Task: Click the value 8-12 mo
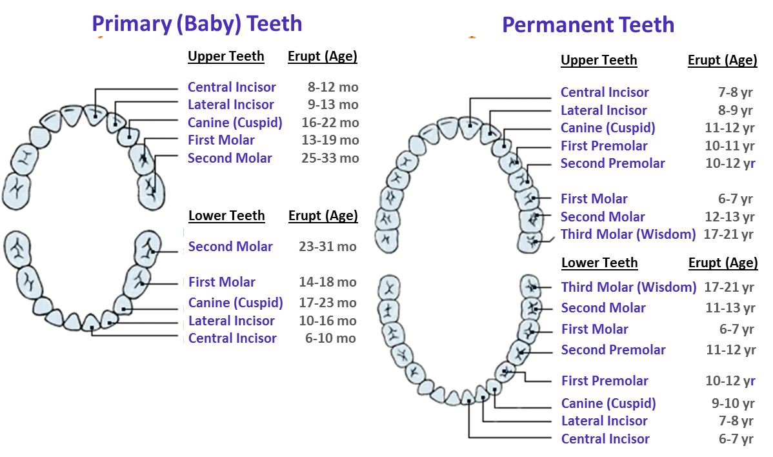coord(332,87)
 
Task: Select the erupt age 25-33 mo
coord(330,158)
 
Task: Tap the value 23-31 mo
coord(327,247)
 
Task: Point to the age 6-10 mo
coord(330,338)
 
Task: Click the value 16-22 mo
coord(330,123)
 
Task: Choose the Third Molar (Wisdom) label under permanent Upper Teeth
coord(628,234)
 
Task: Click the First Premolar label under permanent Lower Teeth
coord(605,381)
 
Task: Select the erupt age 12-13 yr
coord(729,217)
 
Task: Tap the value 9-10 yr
coord(732,403)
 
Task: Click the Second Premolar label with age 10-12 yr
coord(612,163)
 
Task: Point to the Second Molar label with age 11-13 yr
coord(603,308)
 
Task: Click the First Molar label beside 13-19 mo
coord(221,140)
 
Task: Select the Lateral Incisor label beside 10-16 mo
coord(231,321)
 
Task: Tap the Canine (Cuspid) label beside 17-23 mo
coord(236,303)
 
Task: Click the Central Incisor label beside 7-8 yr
coord(605,92)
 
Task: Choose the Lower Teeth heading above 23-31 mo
coord(226,216)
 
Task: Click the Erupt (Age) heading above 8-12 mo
coord(322,56)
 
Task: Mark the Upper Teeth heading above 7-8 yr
coord(599,61)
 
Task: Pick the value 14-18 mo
coord(327,282)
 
